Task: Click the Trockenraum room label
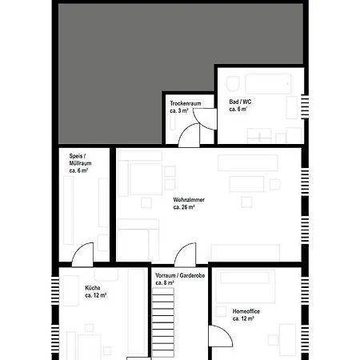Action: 186,103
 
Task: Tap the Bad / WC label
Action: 240,102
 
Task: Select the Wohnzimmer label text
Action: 189,199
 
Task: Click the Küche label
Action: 93,288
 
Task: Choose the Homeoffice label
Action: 246,311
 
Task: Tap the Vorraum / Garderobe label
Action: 180,275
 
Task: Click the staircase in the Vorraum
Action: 163,322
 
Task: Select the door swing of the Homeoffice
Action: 220,336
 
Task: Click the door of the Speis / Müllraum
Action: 82,254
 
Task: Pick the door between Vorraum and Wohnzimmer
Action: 185,254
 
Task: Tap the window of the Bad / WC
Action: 305,106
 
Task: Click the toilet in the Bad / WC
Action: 233,83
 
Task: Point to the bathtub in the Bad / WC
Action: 268,84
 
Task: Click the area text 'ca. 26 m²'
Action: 184,207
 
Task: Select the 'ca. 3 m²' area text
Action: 179,110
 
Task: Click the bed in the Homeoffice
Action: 245,286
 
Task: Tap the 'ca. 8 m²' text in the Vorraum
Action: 165,282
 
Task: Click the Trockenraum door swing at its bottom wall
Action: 189,135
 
